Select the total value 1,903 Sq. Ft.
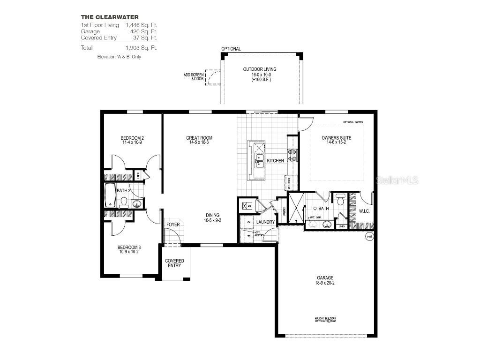point(141,48)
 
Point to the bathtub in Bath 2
point(110,195)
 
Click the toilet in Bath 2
point(124,202)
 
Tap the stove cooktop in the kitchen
point(292,155)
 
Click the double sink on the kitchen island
point(258,162)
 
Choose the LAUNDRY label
point(265,222)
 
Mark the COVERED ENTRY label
point(174,263)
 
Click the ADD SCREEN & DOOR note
point(194,76)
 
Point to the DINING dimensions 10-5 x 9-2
point(213,220)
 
